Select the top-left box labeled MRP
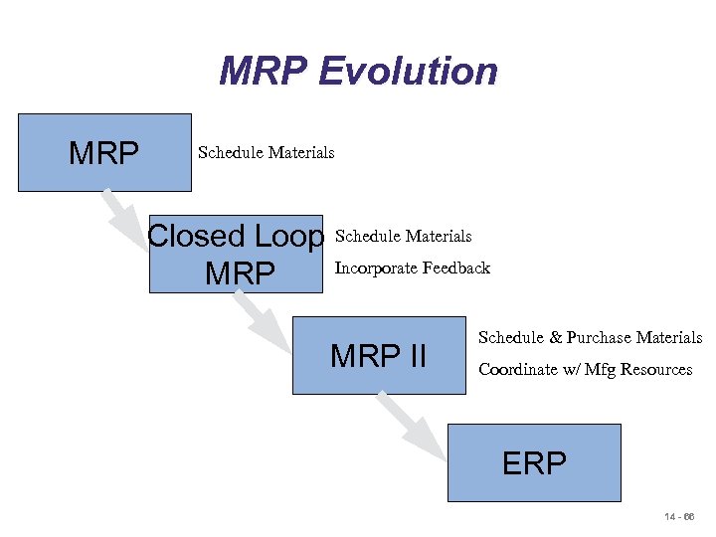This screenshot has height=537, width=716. (x=104, y=152)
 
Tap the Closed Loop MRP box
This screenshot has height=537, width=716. (x=237, y=254)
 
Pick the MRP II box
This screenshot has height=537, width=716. (x=379, y=354)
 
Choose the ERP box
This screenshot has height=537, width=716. (x=534, y=462)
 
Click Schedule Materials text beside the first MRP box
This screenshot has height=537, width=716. (x=266, y=152)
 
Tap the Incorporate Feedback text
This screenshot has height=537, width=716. (x=412, y=268)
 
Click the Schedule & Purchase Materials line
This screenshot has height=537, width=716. (x=590, y=338)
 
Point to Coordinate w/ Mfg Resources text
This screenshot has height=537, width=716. (x=585, y=370)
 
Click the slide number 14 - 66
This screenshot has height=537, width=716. (x=680, y=518)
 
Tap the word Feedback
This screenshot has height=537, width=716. (x=456, y=268)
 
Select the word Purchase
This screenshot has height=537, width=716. (x=597, y=338)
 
